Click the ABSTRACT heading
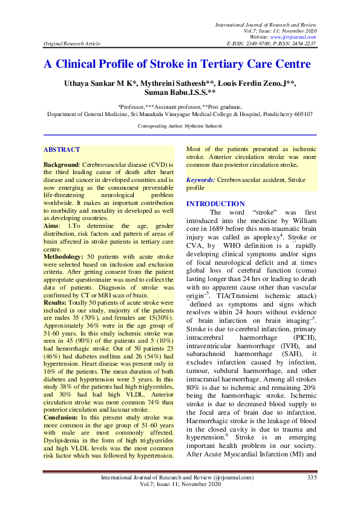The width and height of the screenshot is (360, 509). click(61, 149)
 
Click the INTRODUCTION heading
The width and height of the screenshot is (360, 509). click(215, 204)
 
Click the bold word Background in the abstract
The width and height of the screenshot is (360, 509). click(61, 164)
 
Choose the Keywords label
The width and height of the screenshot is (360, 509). click(200, 180)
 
